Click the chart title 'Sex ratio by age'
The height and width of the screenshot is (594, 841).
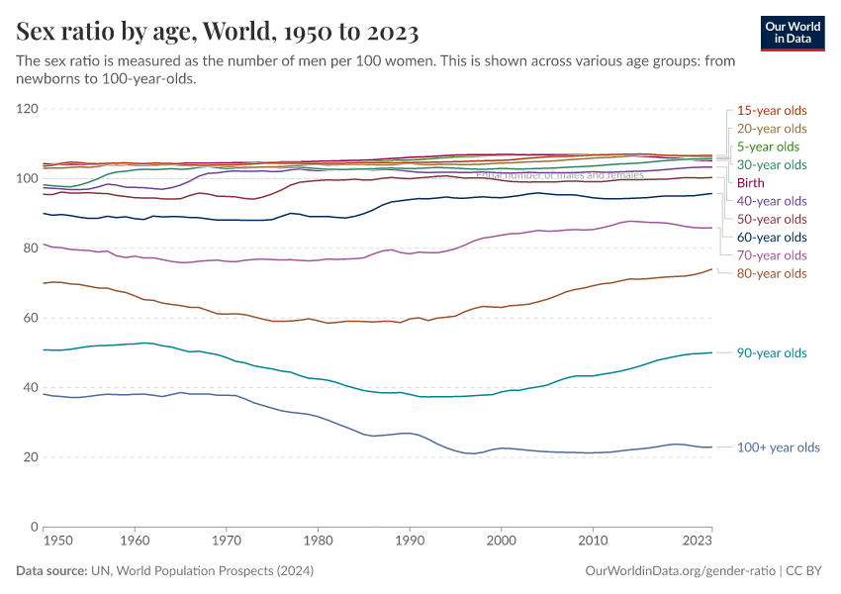point(218,33)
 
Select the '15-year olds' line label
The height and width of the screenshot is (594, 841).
point(772,110)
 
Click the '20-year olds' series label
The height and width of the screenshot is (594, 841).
point(772,129)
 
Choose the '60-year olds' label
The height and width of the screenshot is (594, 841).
point(772,237)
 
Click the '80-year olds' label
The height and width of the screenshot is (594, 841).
point(772,273)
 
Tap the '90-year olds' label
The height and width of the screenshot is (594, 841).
point(772,353)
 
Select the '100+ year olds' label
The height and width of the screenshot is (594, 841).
point(779,447)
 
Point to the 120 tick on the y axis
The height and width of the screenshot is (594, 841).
point(27,109)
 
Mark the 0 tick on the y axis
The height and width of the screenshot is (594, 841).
point(34,527)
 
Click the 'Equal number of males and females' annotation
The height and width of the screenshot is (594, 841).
point(560,175)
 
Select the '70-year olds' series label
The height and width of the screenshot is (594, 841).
point(772,255)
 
